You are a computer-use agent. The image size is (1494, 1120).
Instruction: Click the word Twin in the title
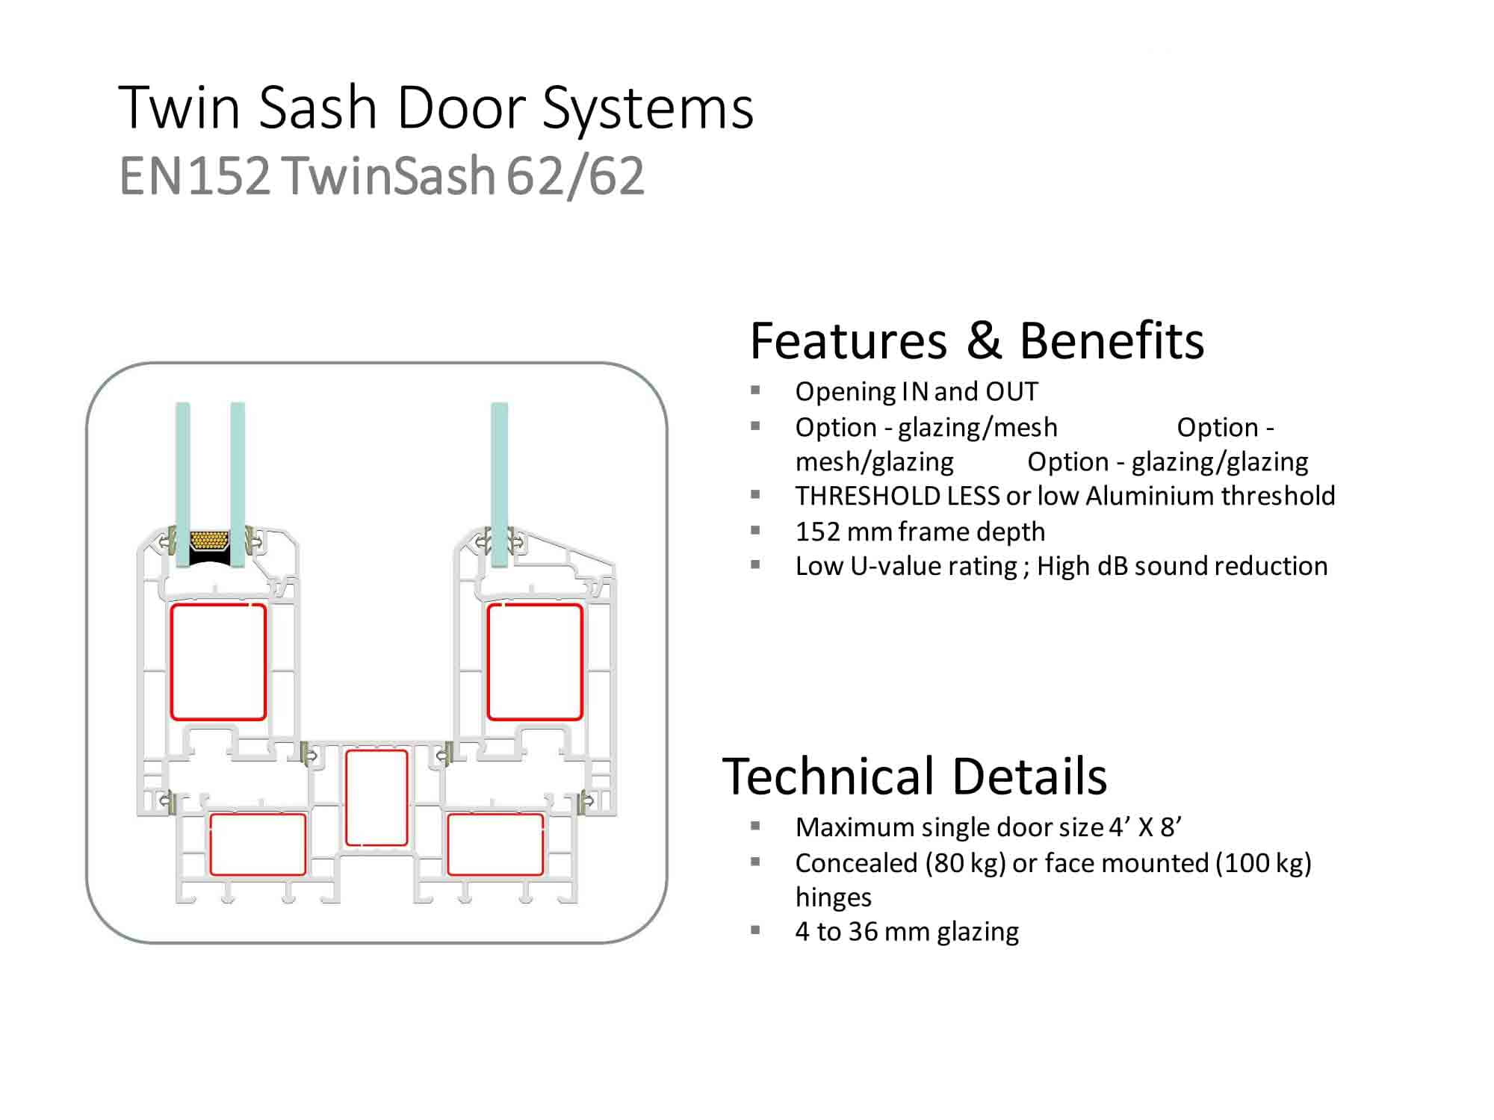point(179,108)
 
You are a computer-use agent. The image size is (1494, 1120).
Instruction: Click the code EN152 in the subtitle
point(194,176)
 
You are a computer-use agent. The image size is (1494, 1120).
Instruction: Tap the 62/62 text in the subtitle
point(575,176)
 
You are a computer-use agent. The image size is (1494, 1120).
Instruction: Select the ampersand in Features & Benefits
point(984,340)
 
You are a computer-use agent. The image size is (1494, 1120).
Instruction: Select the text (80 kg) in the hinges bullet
point(965,863)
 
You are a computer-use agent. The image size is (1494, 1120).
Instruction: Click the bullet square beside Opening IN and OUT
point(755,390)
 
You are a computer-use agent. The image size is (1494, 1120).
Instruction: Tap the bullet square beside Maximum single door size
point(755,826)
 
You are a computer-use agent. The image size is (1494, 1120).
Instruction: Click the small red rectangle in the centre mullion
point(376,797)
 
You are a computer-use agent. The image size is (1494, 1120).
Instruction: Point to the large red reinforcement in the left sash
point(218,662)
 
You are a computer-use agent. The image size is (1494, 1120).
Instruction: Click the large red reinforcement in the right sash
point(535,662)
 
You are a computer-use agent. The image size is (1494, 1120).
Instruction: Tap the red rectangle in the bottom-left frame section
point(258,844)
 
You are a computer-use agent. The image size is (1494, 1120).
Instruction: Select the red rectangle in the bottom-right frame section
point(495,844)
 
